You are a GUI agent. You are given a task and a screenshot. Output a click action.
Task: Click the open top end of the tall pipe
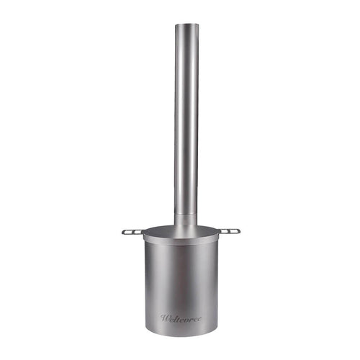pyautogui.click(x=186, y=25)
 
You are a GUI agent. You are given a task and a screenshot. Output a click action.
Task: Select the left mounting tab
pyautogui.click(x=132, y=232)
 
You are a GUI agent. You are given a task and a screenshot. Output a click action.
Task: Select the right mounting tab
pyautogui.click(x=228, y=231)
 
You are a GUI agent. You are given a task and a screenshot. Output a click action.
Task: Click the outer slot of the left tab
pyautogui.click(x=127, y=232)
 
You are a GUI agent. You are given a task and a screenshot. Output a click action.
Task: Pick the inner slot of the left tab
pyautogui.click(x=138, y=232)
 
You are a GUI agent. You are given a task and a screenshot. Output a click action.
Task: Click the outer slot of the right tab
pyautogui.click(x=233, y=231)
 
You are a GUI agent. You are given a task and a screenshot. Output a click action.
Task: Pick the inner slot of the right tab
pyautogui.click(x=223, y=231)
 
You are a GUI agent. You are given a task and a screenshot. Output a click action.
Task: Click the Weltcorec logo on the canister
pyautogui.click(x=181, y=318)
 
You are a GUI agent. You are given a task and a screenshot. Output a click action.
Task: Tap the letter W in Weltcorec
pyautogui.click(x=165, y=318)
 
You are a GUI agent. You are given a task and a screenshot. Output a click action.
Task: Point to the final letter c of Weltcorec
pyautogui.click(x=199, y=318)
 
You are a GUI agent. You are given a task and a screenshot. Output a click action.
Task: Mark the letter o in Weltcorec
pyautogui.click(x=186, y=318)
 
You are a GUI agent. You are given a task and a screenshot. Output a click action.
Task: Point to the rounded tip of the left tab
pyautogui.click(x=123, y=232)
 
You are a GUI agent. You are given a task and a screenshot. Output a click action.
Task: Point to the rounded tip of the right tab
pyautogui.click(x=238, y=231)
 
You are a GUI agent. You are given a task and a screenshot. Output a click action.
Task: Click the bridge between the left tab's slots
pyautogui.click(x=132, y=232)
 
